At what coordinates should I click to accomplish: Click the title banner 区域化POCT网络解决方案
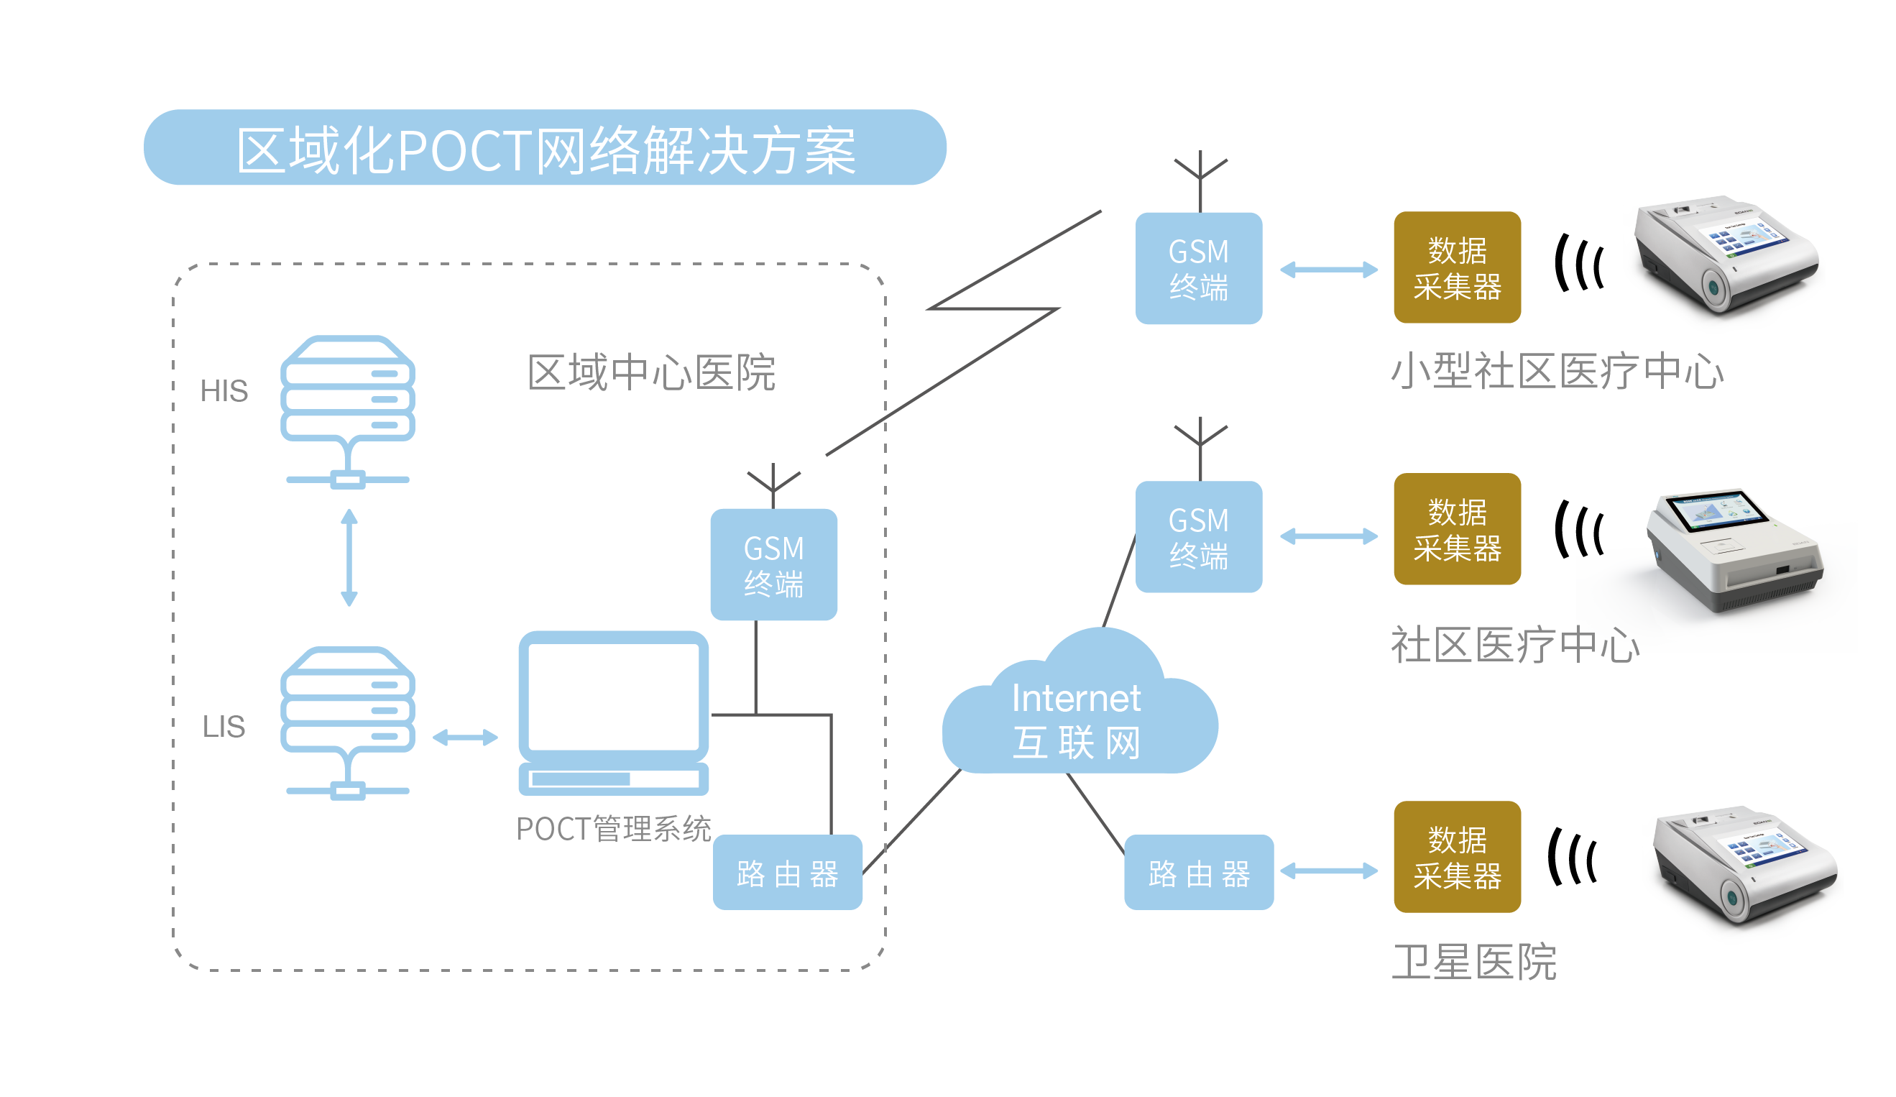[545, 148]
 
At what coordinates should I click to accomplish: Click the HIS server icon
[348, 406]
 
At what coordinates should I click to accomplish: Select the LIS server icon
[348, 719]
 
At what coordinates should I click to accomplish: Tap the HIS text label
[224, 391]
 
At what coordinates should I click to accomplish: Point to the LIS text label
[224, 727]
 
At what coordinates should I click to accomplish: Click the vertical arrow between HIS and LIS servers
[349, 558]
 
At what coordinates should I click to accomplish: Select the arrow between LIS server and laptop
[465, 738]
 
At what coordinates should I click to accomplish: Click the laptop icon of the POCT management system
[613, 711]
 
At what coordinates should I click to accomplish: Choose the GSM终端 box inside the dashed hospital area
[773, 565]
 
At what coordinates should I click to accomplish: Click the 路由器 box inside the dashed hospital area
[787, 873]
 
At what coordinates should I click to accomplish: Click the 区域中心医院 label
[652, 372]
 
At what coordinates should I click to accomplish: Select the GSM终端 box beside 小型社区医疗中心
[1199, 269]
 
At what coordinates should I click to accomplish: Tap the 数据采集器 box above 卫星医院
[1457, 857]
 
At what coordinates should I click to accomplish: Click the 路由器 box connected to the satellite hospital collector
[1199, 873]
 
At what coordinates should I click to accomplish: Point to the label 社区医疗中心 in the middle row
[1514, 645]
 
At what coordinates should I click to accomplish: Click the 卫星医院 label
[1474, 963]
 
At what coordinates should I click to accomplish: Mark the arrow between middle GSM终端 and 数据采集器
[1329, 536]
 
